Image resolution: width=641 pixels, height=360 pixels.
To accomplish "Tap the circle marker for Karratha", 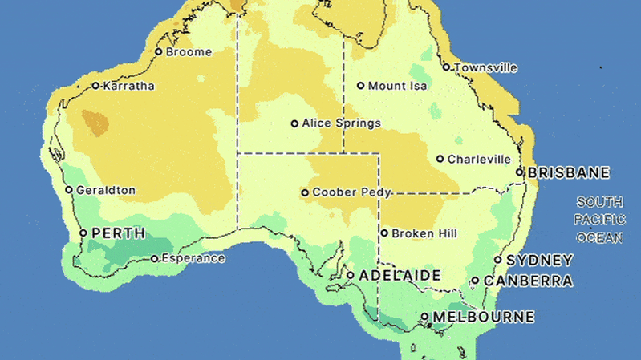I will (95, 86).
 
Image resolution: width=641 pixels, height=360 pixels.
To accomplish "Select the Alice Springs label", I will (341, 123).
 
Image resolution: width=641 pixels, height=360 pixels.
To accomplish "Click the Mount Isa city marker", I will (360, 86).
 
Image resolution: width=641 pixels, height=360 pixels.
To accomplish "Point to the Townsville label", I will (485, 67).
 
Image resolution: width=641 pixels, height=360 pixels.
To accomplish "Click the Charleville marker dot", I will (440, 159).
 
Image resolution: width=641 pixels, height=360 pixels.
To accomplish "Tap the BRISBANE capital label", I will (569, 172).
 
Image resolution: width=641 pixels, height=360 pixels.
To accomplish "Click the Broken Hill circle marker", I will (384, 233).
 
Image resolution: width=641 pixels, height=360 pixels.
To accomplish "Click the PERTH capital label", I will (119, 233).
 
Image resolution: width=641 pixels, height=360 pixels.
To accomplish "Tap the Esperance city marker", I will (154, 258).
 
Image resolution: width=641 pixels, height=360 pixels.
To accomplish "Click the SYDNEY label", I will (541, 260).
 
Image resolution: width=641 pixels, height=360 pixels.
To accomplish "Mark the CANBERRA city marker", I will (475, 281).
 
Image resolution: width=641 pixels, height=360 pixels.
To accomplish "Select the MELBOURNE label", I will (483, 317).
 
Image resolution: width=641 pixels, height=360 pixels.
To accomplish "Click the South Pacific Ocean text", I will (599, 220).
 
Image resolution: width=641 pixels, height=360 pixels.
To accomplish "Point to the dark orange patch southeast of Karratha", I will (95, 123).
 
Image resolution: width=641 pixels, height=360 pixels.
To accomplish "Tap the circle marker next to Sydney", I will (498, 260).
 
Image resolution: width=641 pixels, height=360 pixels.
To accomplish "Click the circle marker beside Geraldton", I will (69, 190).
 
